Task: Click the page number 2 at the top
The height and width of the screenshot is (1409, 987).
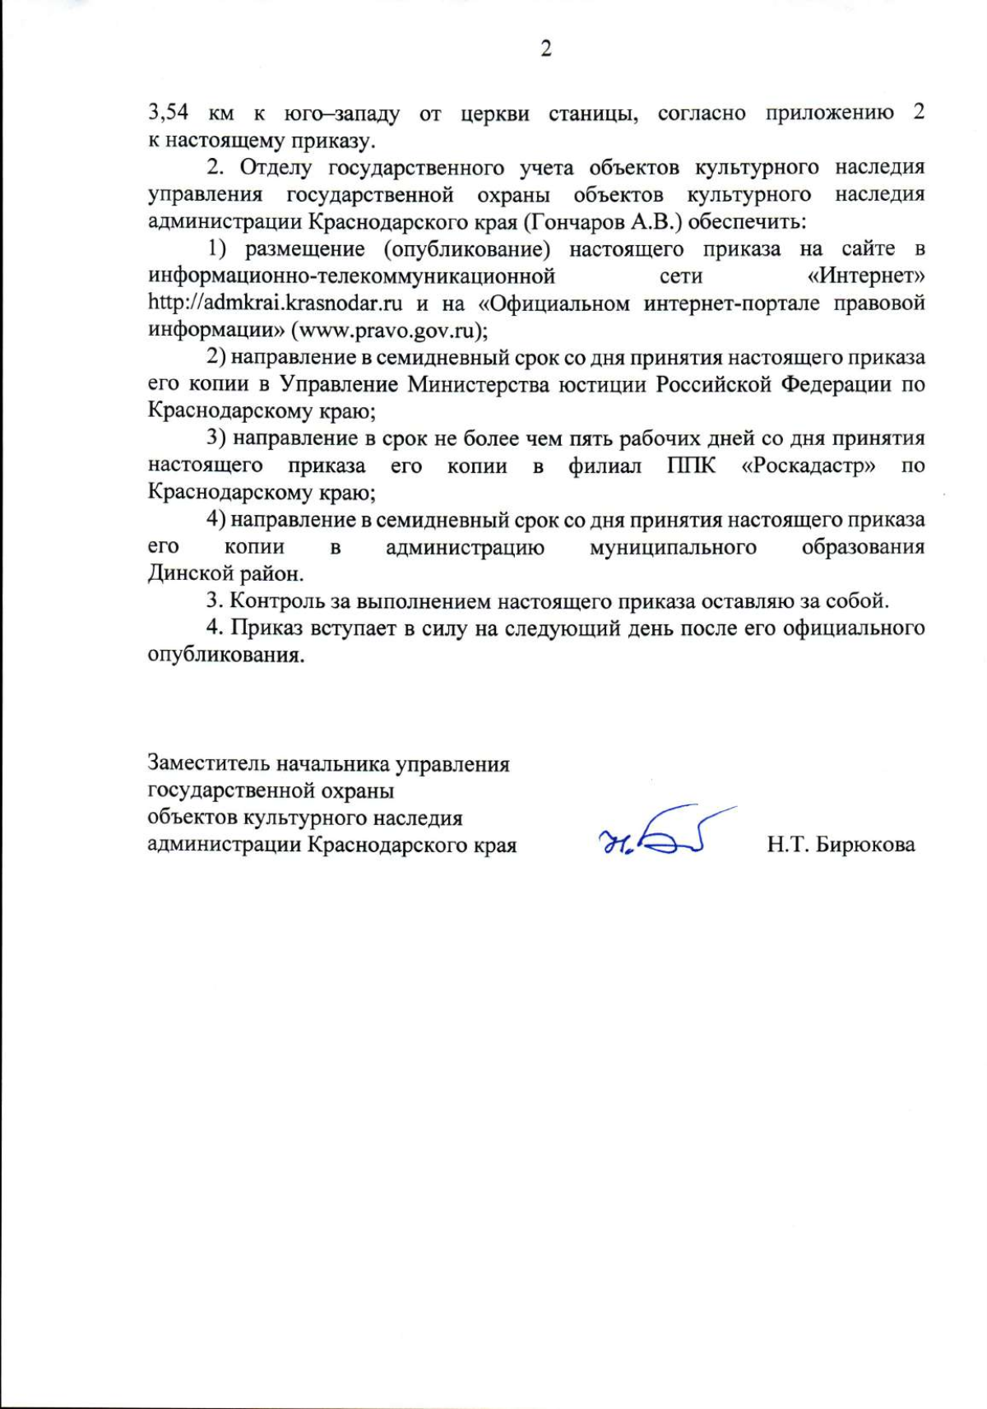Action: click(x=545, y=49)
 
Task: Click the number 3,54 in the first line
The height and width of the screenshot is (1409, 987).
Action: click(x=169, y=113)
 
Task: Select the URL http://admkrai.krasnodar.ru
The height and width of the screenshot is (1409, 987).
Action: click(x=276, y=303)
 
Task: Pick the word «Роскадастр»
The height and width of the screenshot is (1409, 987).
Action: click(x=809, y=466)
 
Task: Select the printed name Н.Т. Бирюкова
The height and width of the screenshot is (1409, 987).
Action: click(x=841, y=845)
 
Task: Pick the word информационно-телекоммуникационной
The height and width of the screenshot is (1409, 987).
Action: click(x=351, y=276)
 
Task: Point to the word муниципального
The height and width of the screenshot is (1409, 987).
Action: click(x=673, y=547)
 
